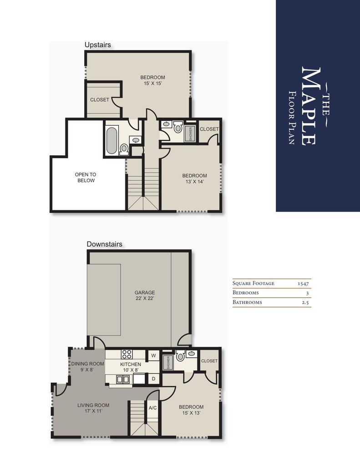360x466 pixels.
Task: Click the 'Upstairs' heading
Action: pos(98,45)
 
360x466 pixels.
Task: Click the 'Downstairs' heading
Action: pos(105,244)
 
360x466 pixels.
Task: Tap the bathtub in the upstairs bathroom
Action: pos(111,140)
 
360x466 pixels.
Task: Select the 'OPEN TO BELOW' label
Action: pos(86,177)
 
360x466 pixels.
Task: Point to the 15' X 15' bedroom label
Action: pos(152,81)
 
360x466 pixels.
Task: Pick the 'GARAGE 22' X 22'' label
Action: pos(145,296)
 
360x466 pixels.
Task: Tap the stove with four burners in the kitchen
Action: pos(127,355)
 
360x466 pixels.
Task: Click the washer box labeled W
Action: pos(153,355)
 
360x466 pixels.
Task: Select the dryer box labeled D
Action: pos(154,378)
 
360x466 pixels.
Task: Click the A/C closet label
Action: pos(152,408)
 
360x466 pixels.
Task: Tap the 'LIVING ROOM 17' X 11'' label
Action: pos(93,408)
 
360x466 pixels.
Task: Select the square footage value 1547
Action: pos(303,283)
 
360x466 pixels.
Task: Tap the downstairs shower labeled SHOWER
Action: pos(168,363)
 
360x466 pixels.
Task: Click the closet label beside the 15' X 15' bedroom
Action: pos(100,100)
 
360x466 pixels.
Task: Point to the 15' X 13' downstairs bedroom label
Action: pos(191,410)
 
